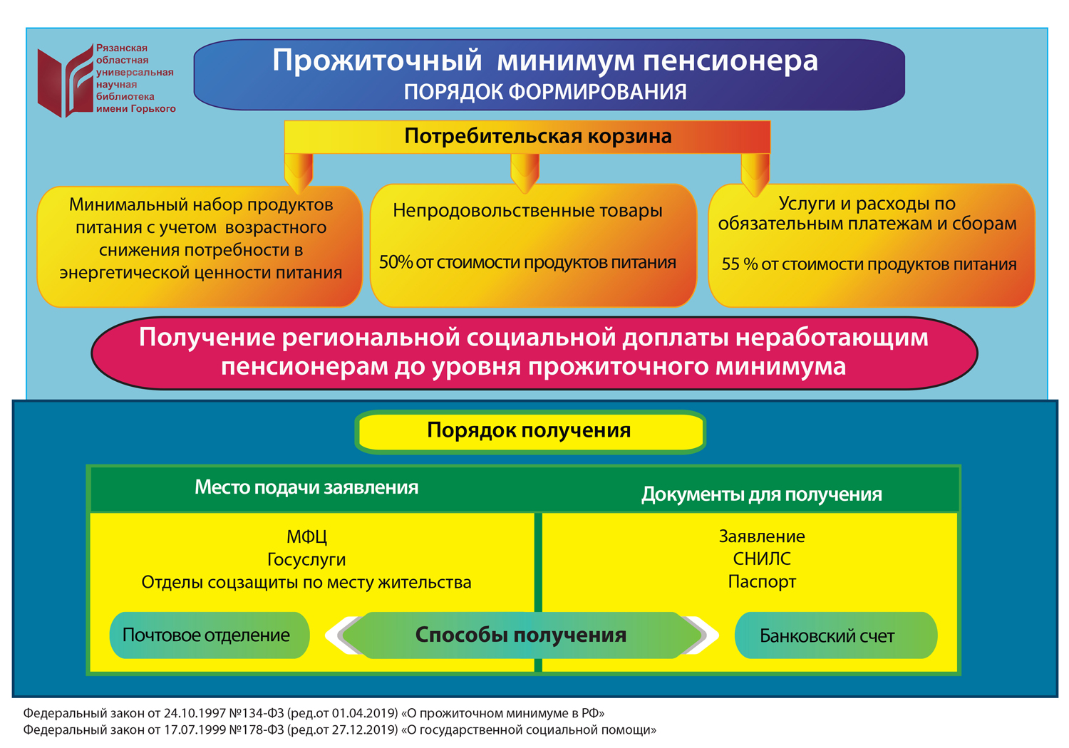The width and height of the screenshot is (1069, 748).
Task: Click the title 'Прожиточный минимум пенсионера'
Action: (x=544, y=61)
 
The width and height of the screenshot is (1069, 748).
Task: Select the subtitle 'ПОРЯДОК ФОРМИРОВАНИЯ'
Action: (x=544, y=92)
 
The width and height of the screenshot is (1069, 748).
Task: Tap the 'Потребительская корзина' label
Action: (x=537, y=136)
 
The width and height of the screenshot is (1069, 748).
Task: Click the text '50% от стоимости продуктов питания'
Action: (x=527, y=263)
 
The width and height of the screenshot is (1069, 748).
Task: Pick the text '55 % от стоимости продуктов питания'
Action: (x=869, y=264)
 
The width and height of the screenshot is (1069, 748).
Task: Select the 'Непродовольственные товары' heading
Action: (x=527, y=211)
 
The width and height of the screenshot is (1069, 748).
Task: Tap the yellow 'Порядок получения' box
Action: (x=529, y=431)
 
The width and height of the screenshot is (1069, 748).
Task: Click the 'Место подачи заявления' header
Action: (x=306, y=488)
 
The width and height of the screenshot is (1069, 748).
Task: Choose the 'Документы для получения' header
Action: (x=761, y=494)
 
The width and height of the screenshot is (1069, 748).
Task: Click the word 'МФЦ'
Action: (x=306, y=536)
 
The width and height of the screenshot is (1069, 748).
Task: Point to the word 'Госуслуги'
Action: (x=306, y=560)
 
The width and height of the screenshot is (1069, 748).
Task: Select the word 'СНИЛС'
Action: (x=761, y=559)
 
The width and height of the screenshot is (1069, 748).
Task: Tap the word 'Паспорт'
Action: (x=761, y=582)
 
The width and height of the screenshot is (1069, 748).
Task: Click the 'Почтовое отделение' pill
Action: (x=207, y=635)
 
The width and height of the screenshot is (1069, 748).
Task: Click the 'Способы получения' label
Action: (x=520, y=635)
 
